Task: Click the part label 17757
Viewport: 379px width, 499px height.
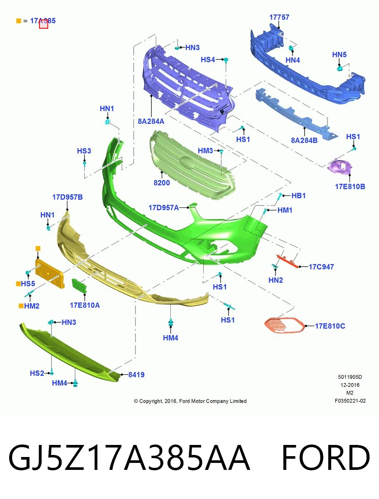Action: click(x=279, y=17)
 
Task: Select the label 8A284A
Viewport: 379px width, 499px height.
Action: click(x=151, y=121)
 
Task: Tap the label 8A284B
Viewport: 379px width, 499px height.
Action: click(x=304, y=141)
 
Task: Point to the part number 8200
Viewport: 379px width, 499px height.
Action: click(x=162, y=183)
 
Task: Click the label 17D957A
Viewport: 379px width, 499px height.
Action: click(x=163, y=208)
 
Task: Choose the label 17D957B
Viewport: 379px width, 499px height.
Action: click(x=67, y=197)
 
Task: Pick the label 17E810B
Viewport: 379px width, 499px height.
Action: click(x=350, y=187)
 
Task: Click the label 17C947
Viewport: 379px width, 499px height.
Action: click(x=321, y=267)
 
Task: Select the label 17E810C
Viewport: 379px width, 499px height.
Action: click(x=330, y=326)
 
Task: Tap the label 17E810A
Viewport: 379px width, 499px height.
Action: click(x=85, y=305)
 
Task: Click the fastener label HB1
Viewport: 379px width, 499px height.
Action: click(x=298, y=195)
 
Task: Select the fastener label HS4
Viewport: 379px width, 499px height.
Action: click(x=207, y=59)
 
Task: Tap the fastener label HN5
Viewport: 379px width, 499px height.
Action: click(x=339, y=54)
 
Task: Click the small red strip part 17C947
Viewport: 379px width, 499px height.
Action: click(x=288, y=261)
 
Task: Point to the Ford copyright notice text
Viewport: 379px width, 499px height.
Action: click(x=190, y=401)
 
